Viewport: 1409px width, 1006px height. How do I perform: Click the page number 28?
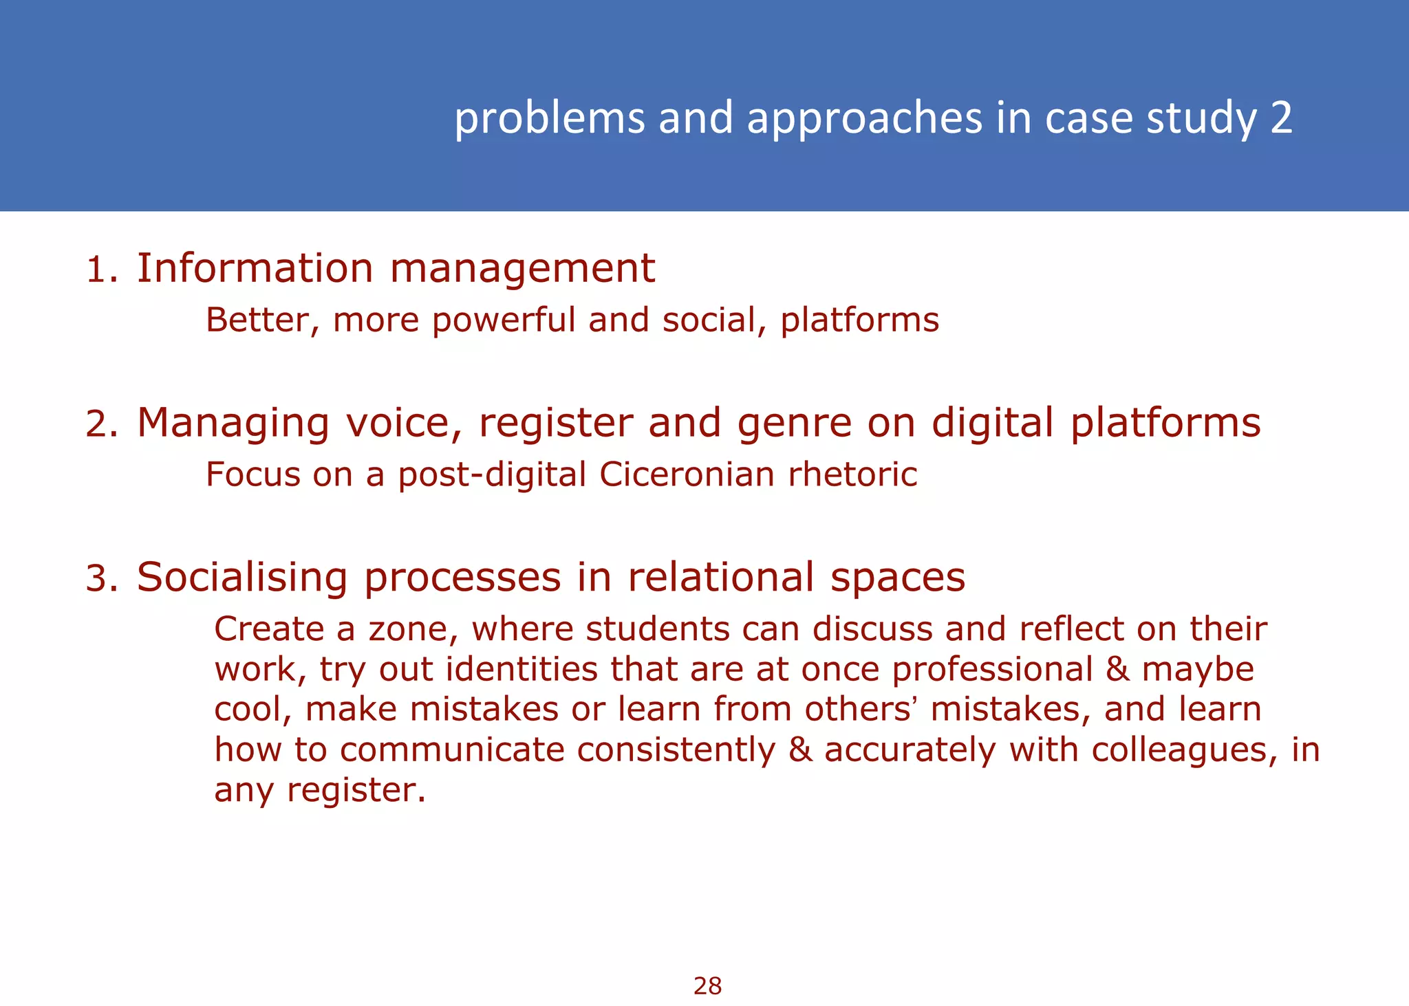(707, 986)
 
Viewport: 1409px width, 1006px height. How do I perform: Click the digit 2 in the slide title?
(1281, 118)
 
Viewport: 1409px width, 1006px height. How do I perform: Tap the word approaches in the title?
(864, 118)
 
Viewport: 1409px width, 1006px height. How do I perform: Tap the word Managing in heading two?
(233, 423)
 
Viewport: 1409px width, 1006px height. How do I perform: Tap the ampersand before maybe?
(1118, 669)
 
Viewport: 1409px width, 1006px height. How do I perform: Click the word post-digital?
(491, 475)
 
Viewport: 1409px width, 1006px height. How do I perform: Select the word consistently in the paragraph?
(676, 750)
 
